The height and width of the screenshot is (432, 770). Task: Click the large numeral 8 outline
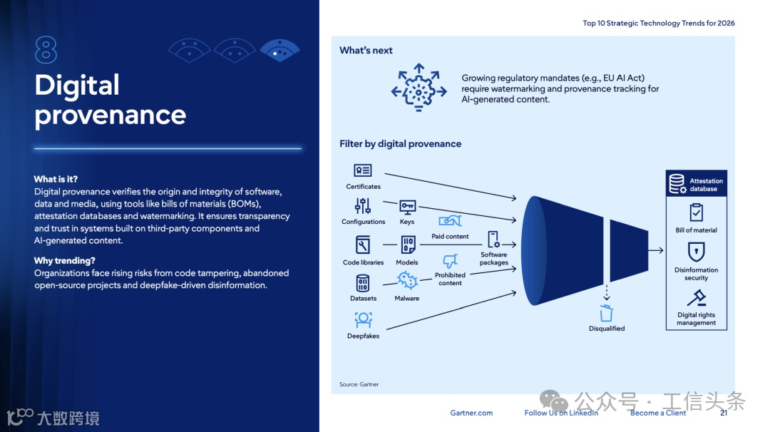(x=46, y=51)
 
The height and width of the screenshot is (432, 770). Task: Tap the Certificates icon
(x=363, y=170)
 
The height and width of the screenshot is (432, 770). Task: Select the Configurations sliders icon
(x=363, y=206)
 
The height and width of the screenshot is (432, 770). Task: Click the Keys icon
(x=407, y=207)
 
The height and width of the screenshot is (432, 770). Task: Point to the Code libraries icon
(x=363, y=246)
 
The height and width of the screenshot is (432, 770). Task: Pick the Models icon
(x=407, y=246)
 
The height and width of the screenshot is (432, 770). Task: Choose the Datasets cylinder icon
(x=363, y=283)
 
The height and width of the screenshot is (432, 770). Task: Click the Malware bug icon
(x=407, y=280)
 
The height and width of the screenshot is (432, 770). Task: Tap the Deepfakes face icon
(x=363, y=319)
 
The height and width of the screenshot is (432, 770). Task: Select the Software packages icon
(x=493, y=240)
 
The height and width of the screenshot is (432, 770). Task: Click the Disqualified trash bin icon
(x=606, y=313)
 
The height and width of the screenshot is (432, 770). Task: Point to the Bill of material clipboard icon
(x=696, y=212)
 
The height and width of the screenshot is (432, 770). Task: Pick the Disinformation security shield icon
(x=696, y=252)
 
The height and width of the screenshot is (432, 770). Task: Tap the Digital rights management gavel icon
(x=696, y=297)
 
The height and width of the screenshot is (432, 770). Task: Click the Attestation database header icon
(x=677, y=185)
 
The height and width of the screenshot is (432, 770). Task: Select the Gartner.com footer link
(x=471, y=413)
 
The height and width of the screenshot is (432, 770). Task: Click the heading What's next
(x=366, y=50)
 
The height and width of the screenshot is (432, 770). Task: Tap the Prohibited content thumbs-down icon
(x=450, y=261)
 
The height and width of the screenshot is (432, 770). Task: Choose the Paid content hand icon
(x=450, y=221)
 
